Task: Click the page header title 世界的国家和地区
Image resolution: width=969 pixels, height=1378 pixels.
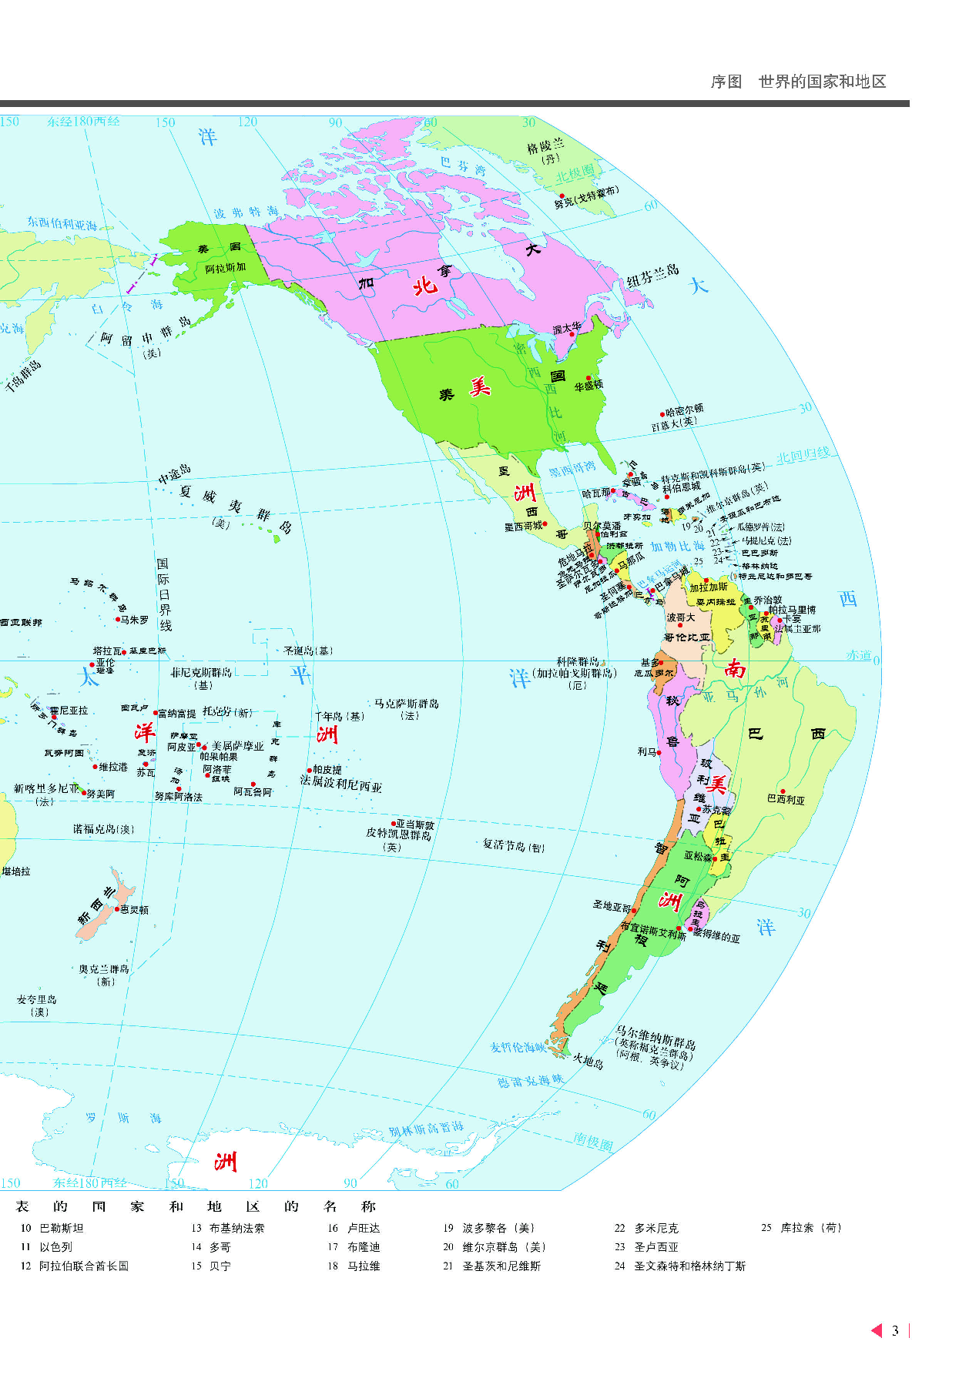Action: coord(822,82)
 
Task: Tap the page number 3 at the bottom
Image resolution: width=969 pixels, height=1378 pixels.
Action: coord(895,1330)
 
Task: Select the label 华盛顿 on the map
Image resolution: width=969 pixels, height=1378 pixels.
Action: coord(589,386)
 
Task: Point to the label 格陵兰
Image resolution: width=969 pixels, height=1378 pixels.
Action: coord(545,145)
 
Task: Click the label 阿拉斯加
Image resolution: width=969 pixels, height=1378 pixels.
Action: coord(226,268)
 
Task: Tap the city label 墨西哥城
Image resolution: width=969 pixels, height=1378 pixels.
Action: coord(523,527)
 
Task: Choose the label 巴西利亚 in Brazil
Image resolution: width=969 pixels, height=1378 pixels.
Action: coord(786,800)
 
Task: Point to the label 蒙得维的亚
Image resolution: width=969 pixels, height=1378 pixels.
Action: coord(717,936)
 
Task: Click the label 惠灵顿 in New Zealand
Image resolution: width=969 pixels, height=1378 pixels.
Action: coord(134,909)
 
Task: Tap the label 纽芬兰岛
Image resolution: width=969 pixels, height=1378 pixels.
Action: coord(652,275)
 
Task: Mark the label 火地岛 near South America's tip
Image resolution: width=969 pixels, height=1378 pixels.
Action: coord(588,1062)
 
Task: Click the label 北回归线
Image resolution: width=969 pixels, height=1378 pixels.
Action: coord(803,456)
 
